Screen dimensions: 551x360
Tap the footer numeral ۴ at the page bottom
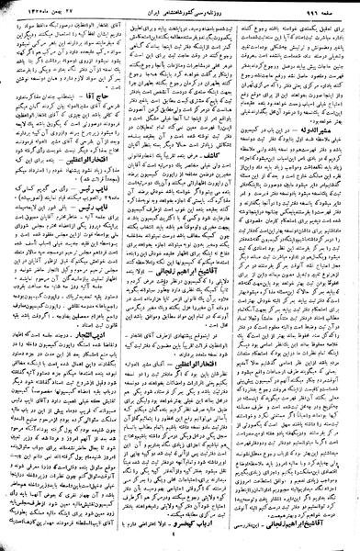point(181,544)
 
